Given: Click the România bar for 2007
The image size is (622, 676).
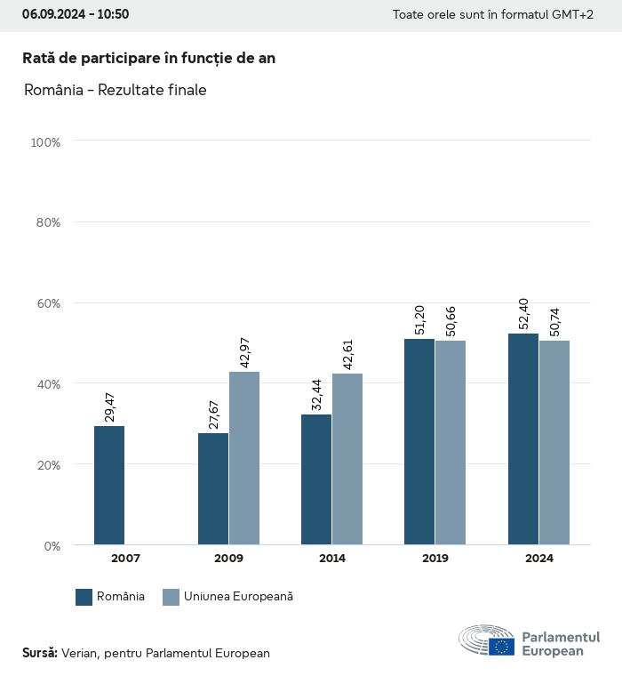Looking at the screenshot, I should (109, 485).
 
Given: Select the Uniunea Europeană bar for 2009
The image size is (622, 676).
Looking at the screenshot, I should (244, 458).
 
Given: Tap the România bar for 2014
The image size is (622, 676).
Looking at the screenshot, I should (316, 479).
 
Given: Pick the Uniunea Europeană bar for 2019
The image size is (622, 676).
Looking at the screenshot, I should (451, 442).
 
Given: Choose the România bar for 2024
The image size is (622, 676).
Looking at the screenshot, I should (523, 439).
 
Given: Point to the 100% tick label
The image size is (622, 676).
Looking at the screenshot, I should (44, 142).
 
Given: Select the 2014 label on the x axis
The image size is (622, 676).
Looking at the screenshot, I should (332, 559).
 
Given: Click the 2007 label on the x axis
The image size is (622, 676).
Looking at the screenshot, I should (125, 559).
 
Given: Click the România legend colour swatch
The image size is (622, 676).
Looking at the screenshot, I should (84, 597).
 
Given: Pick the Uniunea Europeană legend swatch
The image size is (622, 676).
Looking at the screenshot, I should (171, 597).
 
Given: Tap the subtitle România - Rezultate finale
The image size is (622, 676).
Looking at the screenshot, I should (116, 90).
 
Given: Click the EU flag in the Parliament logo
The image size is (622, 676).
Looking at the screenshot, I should (501, 647).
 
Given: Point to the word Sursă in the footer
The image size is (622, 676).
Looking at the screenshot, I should (39, 653).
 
